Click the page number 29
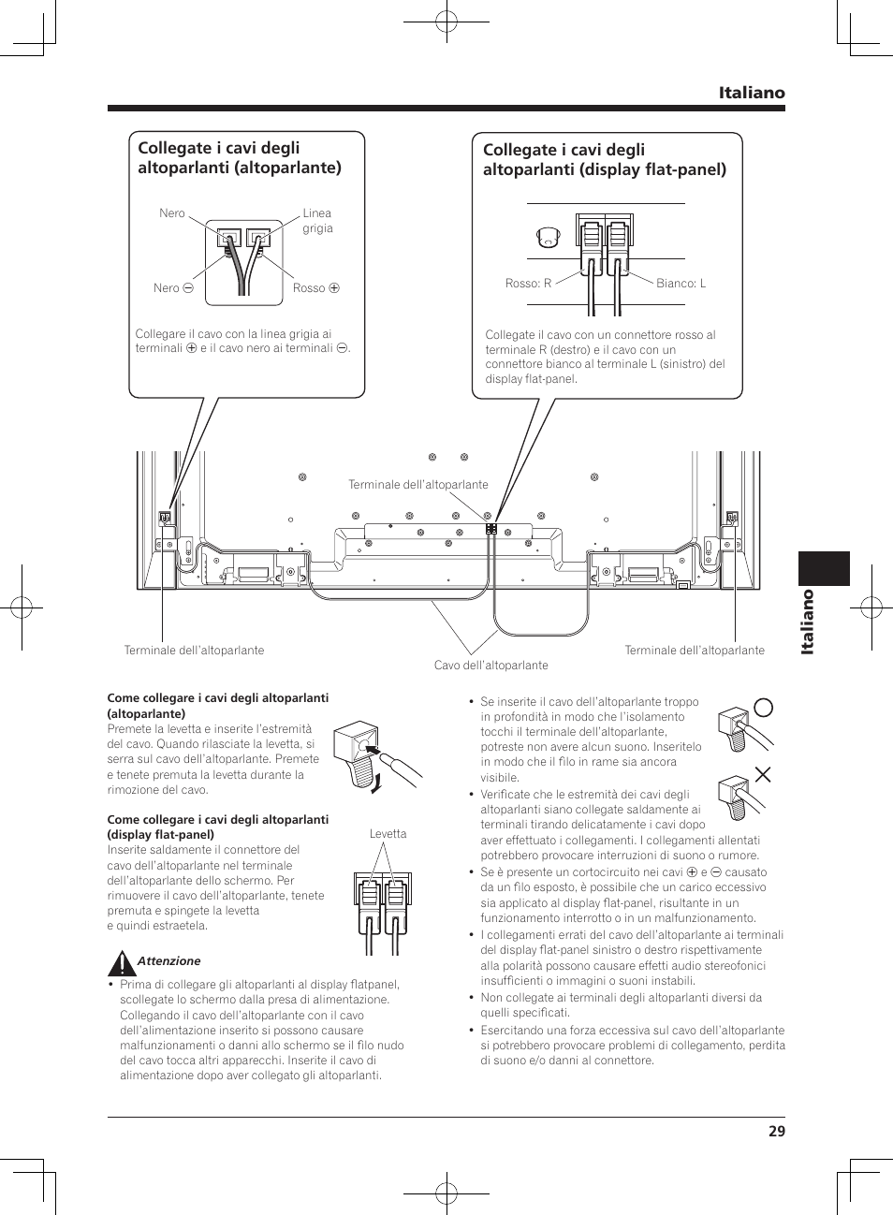coord(776,1131)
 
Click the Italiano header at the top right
coord(752,93)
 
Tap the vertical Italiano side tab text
coord(807,622)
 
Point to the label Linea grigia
coord(317,221)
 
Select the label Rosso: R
coord(528,284)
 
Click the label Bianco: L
coord(681,284)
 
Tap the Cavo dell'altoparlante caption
coord(490,666)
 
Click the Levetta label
coord(388,834)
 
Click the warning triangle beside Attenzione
coord(121,962)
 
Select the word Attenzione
coord(168,961)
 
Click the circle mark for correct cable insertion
coord(763,708)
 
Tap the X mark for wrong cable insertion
coord(763,774)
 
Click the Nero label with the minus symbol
coord(173,288)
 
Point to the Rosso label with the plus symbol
coord(315,288)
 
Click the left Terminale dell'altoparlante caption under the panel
coord(194,651)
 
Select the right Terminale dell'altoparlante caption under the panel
coord(694,651)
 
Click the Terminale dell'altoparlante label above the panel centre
coord(417,485)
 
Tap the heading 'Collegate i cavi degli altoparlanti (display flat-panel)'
coord(604,160)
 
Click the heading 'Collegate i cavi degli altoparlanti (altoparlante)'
coord(239,158)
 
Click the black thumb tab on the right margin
coord(824,568)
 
